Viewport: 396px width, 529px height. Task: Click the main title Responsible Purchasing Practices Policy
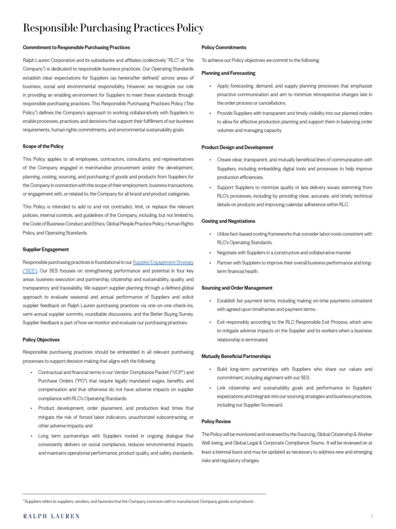pos(113,28)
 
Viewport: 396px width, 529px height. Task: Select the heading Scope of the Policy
pos(43,146)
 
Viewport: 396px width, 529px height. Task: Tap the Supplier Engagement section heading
pos(46,250)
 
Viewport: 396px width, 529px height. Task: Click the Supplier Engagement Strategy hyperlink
pos(163,262)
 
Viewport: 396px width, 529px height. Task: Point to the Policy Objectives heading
pos(41,339)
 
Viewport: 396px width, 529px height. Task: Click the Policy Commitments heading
pos(224,48)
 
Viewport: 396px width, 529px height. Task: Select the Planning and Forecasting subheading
pos(228,73)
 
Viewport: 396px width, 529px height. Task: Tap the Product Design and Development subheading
pos(237,147)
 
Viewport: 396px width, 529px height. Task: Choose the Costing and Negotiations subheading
pos(228,221)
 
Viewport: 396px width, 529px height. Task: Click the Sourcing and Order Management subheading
pos(237,288)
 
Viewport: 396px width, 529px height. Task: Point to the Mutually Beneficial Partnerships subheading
pos(236,356)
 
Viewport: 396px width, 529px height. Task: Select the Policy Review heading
pos(216,422)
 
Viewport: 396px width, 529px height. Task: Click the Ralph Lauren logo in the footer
pos(51,516)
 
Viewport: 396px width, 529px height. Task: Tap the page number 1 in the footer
pos(371,516)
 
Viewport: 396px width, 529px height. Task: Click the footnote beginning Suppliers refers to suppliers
pos(139,501)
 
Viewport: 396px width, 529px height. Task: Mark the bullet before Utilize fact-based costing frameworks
pos(210,234)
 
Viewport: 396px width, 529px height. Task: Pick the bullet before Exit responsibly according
pos(210,322)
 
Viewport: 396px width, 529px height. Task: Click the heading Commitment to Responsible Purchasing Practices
pos(76,48)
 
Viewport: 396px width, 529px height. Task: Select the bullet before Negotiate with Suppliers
pos(210,253)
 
